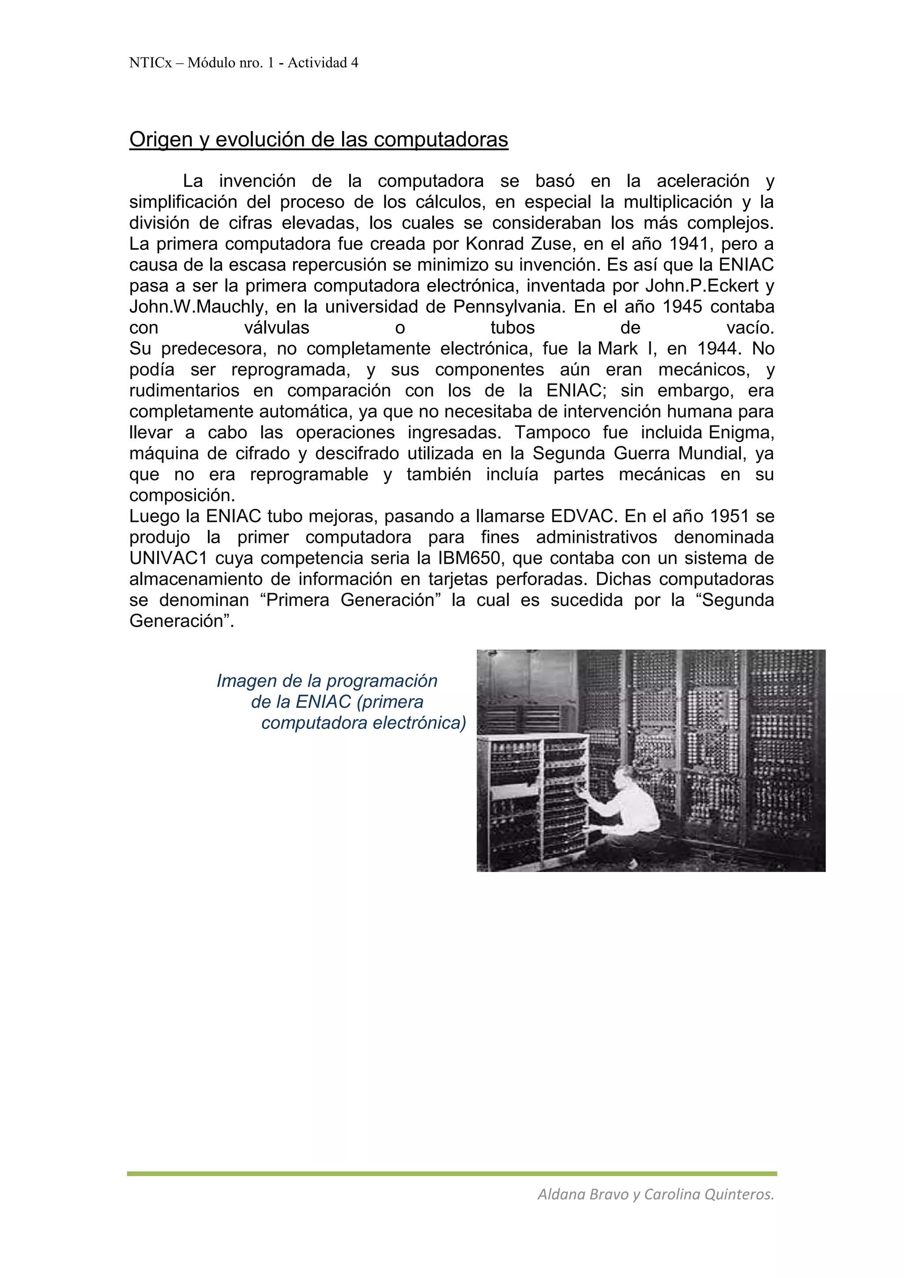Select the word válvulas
coord(277,328)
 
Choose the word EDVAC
coord(584,517)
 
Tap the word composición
coord(182,496)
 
